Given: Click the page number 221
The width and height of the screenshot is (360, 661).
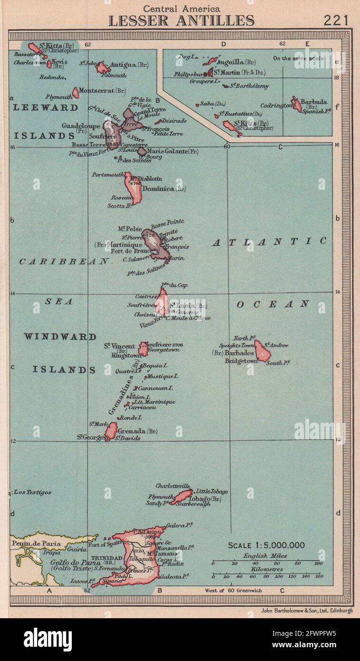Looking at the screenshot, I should point(336,20).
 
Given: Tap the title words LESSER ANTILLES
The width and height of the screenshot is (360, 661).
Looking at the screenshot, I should point(181,20).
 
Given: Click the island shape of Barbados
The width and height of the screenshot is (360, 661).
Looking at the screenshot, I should point(262,350).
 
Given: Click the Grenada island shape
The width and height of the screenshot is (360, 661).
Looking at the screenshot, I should point(111,431).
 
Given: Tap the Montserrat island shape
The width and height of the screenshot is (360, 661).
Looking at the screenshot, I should point(76,92).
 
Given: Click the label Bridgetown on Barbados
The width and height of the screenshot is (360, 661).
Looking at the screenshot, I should point(241,361).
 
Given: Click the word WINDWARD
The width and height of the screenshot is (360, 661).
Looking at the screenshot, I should point(60,337).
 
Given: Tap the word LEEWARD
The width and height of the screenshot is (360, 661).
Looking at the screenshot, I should point(46,107).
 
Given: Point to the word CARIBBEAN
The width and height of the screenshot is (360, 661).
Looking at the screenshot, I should point(64,262).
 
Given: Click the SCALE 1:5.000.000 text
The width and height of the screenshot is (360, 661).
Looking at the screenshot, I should point(266,545).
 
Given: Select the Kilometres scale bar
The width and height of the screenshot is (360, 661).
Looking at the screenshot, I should point(266,575).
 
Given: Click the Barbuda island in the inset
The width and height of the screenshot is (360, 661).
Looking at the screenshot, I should point(296,104).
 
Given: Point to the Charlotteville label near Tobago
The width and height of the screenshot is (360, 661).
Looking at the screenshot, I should point(173,486).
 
